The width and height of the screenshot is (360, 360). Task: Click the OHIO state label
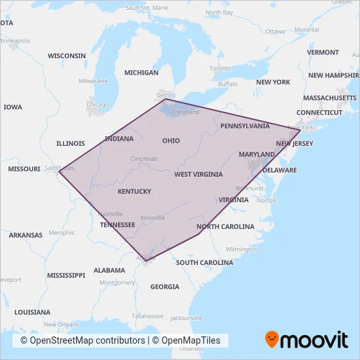171,141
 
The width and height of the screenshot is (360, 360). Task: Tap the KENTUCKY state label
134,192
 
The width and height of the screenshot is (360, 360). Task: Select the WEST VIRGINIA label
198,175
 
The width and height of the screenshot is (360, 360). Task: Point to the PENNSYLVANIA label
245,126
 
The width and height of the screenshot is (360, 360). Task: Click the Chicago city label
98,105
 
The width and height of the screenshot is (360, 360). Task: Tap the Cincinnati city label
144,159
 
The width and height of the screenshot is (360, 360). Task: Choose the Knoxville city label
153,218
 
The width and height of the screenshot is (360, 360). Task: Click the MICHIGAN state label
141,73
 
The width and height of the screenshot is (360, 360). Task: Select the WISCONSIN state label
67,56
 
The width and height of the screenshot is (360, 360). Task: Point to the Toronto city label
221,68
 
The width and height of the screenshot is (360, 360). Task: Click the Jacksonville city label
186,319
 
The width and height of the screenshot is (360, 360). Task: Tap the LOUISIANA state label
32,312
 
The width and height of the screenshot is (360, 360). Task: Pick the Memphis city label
62,232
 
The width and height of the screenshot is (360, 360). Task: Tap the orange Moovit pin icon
272,340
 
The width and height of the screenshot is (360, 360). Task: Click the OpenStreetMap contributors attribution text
82,340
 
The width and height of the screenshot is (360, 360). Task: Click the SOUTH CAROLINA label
204,262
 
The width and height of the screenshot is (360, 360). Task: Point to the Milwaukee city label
93,81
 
